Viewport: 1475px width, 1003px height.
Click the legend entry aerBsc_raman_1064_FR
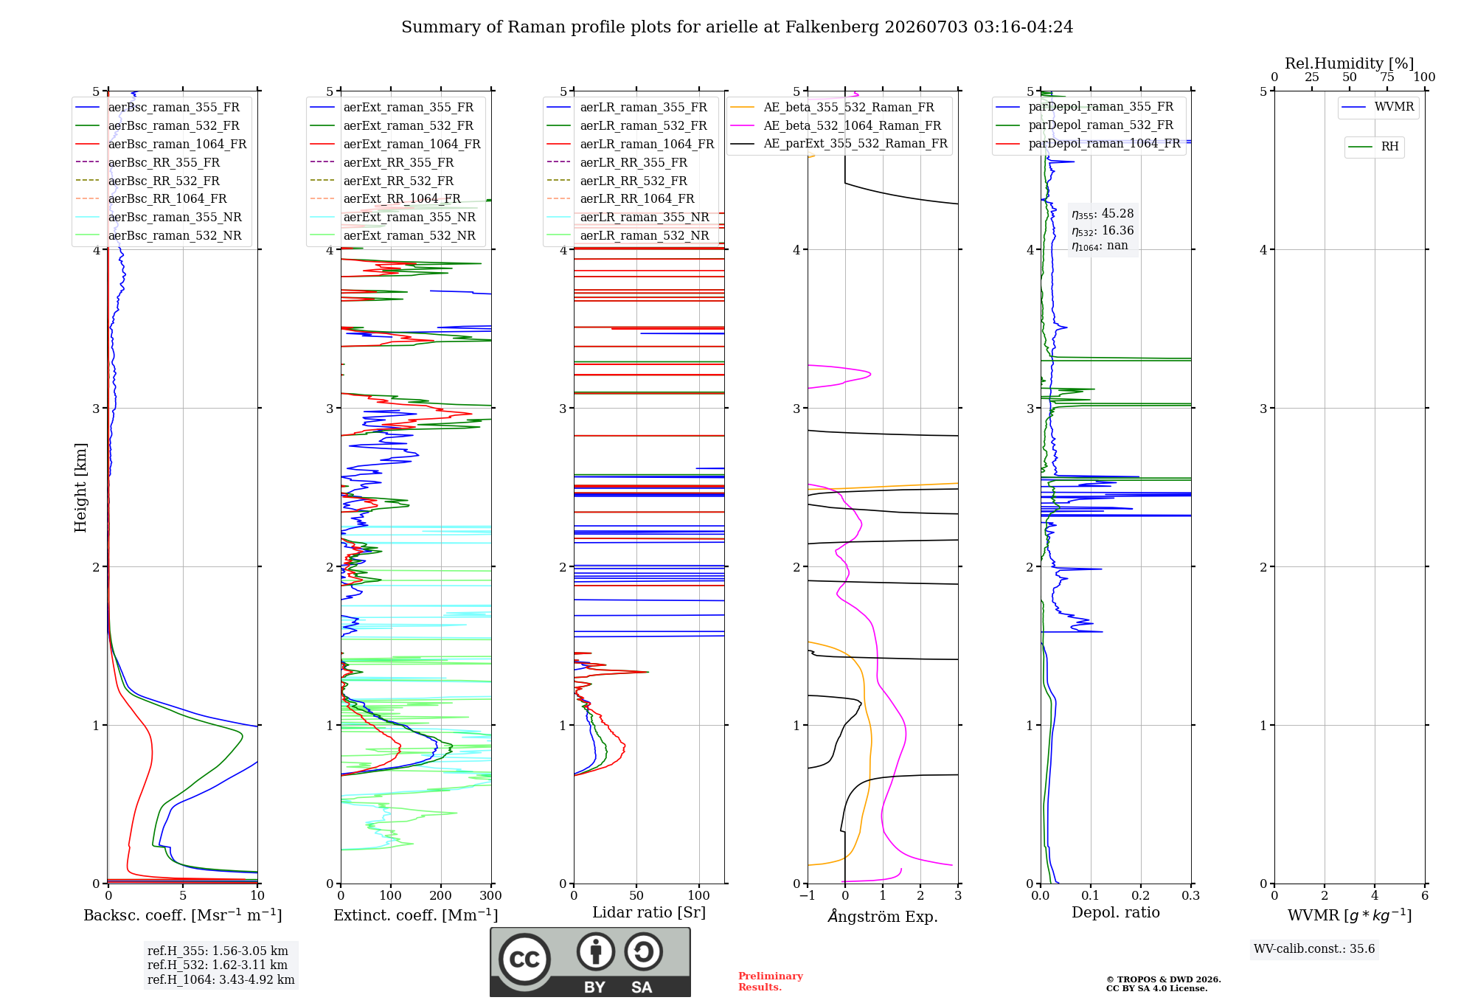pyautogui.click(x=161, y=145)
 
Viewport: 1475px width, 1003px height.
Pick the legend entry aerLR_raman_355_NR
pyautogui.click(x=628, y=218)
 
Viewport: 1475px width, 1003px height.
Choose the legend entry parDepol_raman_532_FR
pyautogui.click(x=1084, y=125)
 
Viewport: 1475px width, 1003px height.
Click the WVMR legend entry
pyautogui.click(x=1378, y=107)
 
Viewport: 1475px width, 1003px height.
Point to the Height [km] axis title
pyautogui.click(x=80, y=487)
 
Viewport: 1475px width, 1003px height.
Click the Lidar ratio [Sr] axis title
pyautogui.click(x=649, y=912)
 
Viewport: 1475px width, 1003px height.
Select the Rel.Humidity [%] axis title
pyautogui.click(x=1350, y=63)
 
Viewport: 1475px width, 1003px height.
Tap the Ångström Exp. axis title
pyautogui.click(x=883, y=916)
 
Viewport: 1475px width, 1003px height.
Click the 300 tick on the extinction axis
pyautogui.click(x=490, y=895)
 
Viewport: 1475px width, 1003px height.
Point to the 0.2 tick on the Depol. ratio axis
pyautogui.click(x=1141, y=895)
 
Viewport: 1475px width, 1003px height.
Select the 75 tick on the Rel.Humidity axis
pyautogui.click(x=1387, y=77)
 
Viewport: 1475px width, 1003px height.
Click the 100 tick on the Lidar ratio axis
pyautogui.click(x=699, y=895)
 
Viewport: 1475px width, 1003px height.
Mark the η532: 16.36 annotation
pyautogui.click(x=1103, y=230)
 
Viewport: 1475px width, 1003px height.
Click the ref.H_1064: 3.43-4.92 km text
pyautogui.click(x=221, y=979)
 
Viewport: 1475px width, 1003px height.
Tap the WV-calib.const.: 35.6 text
pyautogui.click(x=1314, y=948)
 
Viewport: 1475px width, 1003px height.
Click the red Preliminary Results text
pyautogui.click(x=771, y=982)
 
